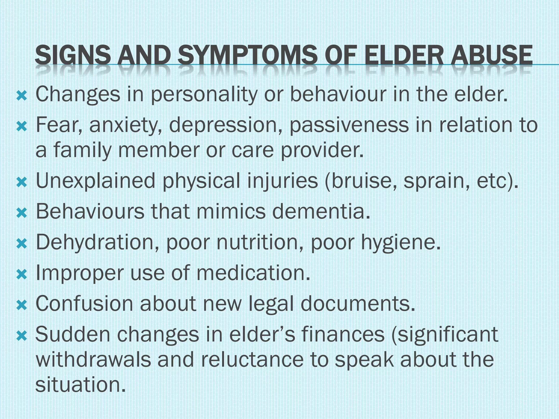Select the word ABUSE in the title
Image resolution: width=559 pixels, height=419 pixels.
[492, 55]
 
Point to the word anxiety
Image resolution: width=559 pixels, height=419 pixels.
[126, 125]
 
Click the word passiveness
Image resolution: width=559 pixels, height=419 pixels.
[349, 125]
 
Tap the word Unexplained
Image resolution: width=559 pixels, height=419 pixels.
[95, 181]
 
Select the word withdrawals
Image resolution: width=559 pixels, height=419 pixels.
[93, 360]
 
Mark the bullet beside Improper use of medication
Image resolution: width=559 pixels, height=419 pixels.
[22, 274]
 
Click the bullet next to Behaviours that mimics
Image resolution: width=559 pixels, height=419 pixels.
[22, 213]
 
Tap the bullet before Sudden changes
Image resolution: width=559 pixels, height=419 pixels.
[22, 336]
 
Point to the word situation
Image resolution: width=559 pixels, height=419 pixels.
[81, 385]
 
